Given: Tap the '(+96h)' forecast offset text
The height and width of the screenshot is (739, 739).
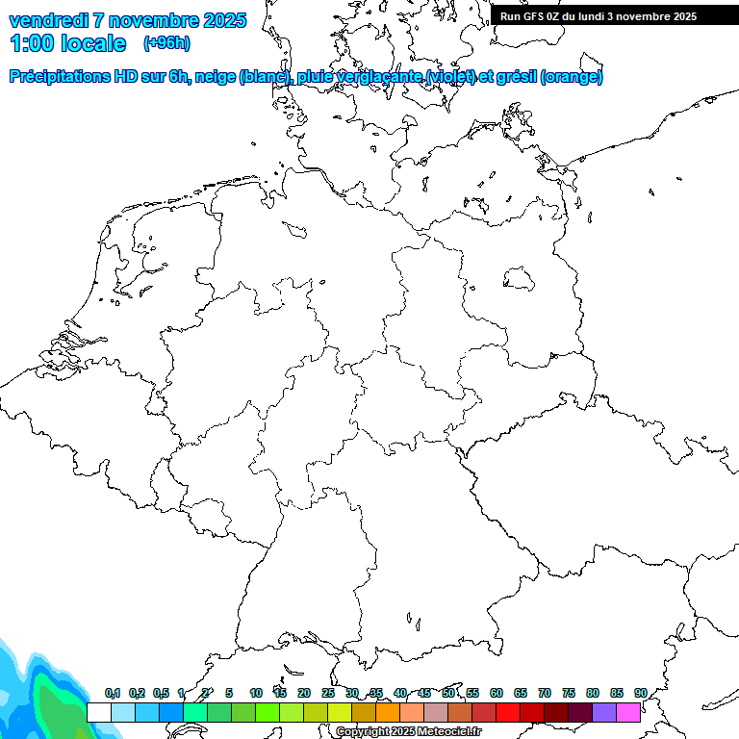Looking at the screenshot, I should [166, 42].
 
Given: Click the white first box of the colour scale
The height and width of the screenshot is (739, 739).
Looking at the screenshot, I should [98, 713].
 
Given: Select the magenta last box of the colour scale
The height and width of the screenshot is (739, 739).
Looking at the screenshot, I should [628, 713].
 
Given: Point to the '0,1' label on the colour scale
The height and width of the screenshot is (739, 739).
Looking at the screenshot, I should [113, 693].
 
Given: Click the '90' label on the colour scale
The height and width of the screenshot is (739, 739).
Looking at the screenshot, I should [641, 693].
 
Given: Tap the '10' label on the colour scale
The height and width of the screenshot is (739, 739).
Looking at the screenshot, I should [256, 693].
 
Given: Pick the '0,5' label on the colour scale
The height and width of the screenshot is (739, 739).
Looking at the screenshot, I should [161, 693].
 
